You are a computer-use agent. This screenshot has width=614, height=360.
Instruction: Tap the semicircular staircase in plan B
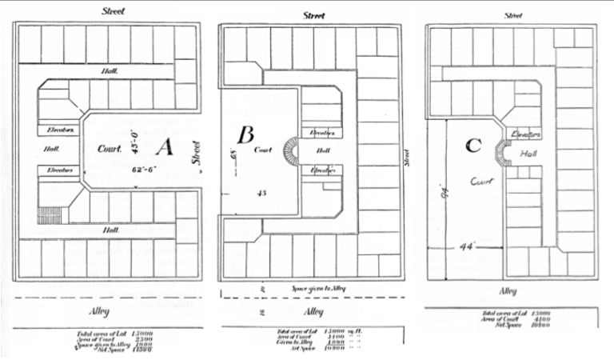point(293,150)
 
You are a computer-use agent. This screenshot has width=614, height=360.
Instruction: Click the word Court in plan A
point(110,148)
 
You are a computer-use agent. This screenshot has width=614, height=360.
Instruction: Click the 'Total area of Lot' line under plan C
point(510,313)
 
